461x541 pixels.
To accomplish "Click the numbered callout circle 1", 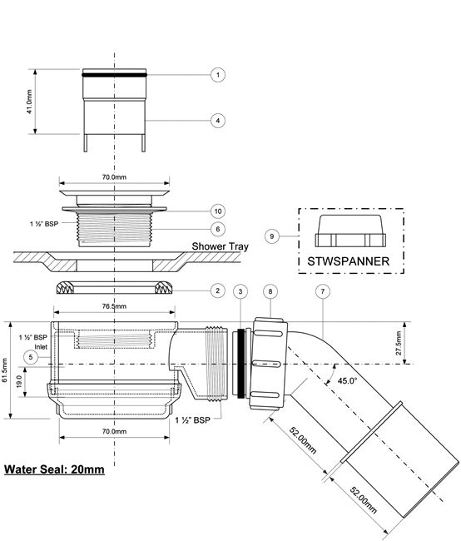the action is coord(218,75).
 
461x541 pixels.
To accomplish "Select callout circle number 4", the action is coord(218,121).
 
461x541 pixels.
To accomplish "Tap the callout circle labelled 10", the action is coord(218,211).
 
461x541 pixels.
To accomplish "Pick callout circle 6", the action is coord(218,229).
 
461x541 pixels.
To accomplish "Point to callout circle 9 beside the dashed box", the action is coord(272,236).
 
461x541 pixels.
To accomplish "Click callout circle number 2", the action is coord(218,290).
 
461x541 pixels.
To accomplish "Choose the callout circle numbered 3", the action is coord(240,291).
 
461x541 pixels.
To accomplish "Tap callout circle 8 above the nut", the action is coord(270,291).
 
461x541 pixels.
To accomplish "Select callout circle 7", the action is coord(323,291).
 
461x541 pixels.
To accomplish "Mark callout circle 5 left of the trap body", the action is coord(31,357).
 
